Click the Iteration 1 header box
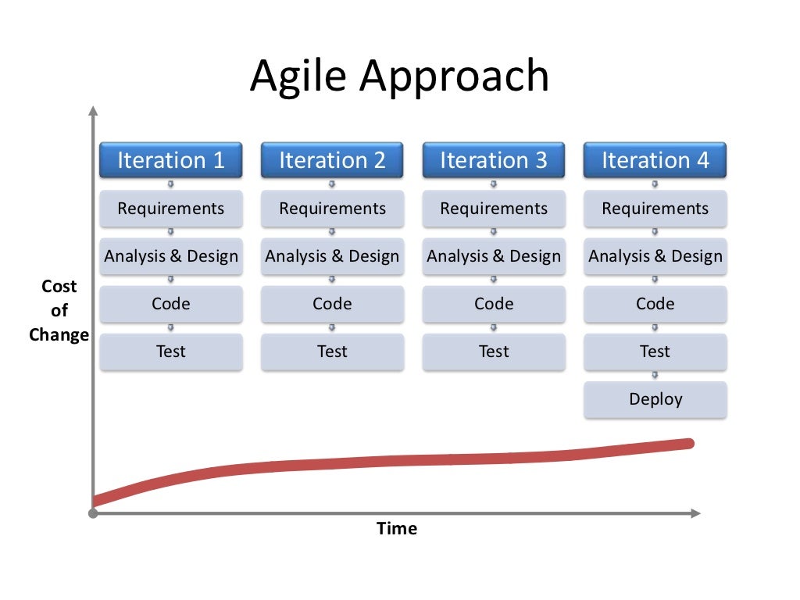click(x=170, y=160)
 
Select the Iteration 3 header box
click(x=494, y=160)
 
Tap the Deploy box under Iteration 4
click(x=655, y=399)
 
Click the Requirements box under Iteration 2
click(x=332, y=209)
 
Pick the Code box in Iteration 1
click(x=170, y=304)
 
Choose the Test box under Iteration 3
click(x=494, y=352)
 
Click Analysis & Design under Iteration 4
click(x=655, y=256)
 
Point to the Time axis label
click(x=397, y=529)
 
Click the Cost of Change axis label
click(x=59, y=310)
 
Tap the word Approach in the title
click(x=455, y=77)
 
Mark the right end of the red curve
click(x=689, y=444)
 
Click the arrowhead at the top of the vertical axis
click(x=93, y=111)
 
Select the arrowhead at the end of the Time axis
click(x=695, y=513)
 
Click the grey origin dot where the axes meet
click(x=93, y=513)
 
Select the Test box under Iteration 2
click(x=332, y=352)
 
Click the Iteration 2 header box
click(x=332, y=160)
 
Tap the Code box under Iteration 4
click(x=655, y=304)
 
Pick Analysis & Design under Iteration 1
click(x=170, y=256)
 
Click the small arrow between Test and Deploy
click(x=655, y=376)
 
